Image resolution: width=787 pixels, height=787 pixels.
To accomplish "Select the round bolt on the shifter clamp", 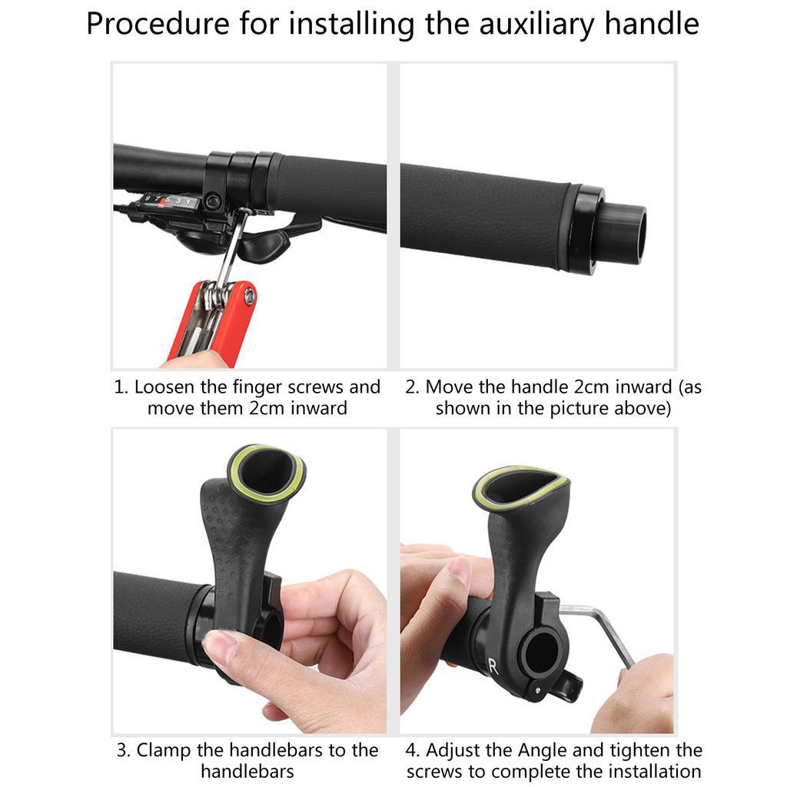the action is click(214, 201).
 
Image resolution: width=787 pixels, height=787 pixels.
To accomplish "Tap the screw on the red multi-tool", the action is click(249, 297).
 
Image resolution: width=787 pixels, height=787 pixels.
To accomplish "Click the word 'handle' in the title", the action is click(652, 24).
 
